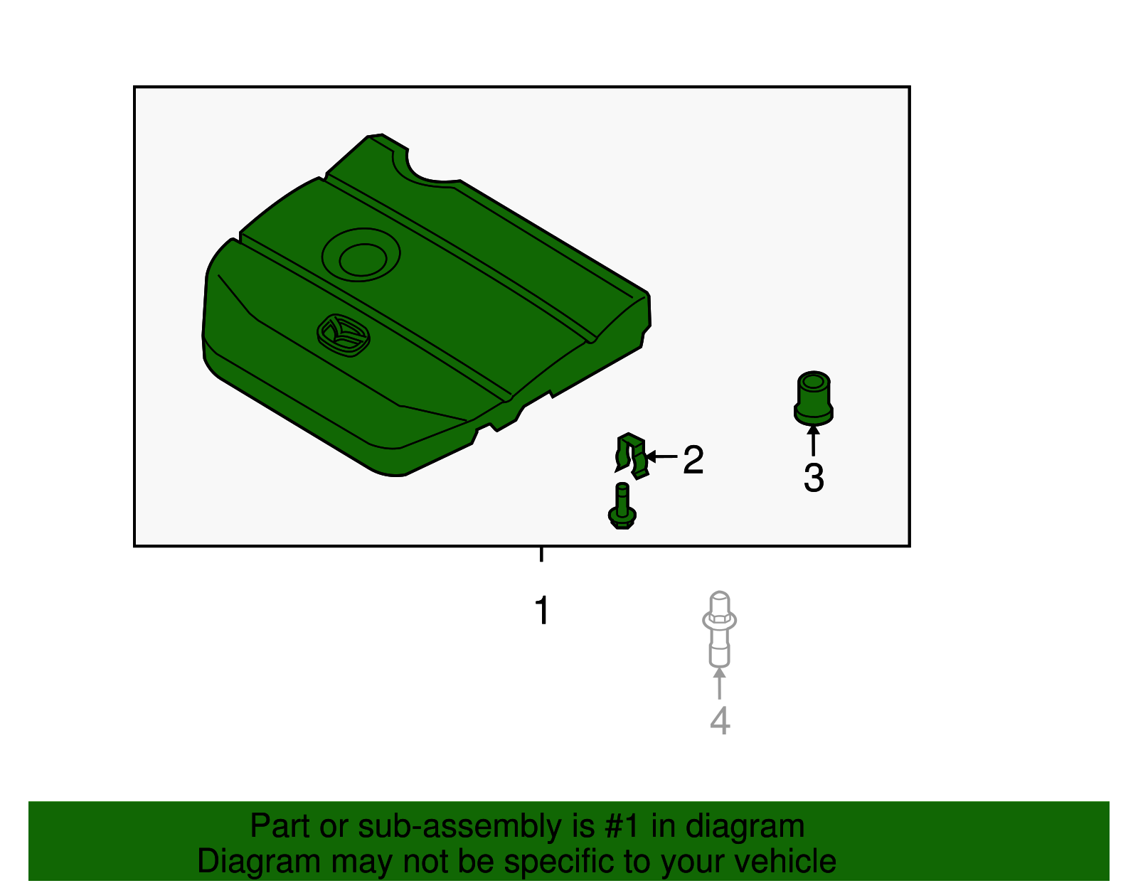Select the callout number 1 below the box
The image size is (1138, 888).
click(x=542, y=611)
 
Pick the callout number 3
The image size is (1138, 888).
click(x=814, y=478)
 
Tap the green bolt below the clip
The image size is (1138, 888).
click(x=622, y=507)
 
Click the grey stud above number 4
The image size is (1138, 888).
click(x=719, y=628)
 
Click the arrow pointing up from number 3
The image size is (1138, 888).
click(x=813, y=439)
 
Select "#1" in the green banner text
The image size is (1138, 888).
click(x=624, y=827)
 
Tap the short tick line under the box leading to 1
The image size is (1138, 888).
click(x=542, y=555)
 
